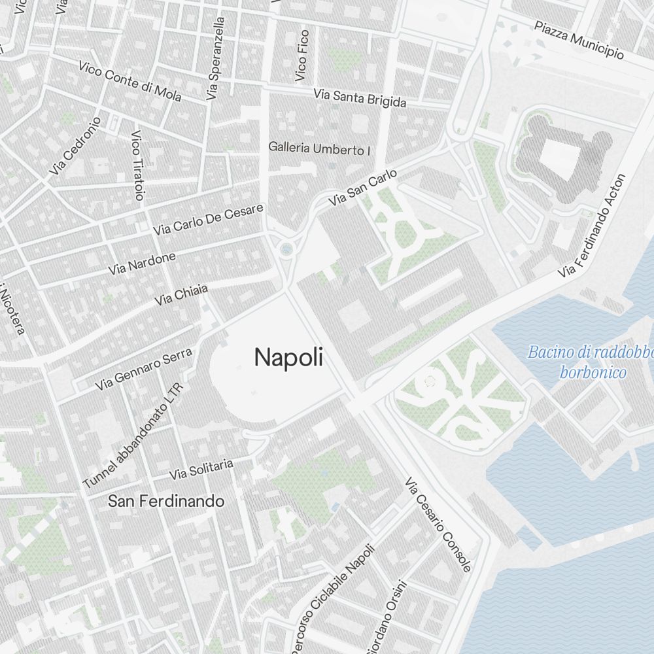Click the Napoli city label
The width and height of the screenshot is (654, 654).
(288, 358)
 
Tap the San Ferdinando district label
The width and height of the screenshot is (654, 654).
(166, 502)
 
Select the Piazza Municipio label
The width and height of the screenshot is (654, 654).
(579, 40)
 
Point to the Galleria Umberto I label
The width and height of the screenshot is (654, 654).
(320, 149)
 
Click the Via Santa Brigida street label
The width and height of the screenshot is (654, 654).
(360, 98)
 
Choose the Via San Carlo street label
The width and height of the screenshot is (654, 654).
(363, 188)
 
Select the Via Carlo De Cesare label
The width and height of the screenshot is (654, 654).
(208, 220)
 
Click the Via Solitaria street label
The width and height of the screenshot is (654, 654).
(201, 469)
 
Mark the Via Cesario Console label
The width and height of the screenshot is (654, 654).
(438, 525)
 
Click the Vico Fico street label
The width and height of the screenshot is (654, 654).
(301, 56)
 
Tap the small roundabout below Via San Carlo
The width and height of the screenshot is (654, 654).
(286, 249)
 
